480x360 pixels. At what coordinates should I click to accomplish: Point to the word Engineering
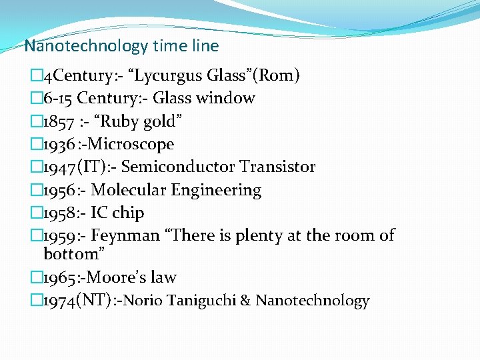216,190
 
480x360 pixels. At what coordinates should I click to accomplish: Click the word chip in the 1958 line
128,213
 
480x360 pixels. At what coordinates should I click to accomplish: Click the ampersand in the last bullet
245,301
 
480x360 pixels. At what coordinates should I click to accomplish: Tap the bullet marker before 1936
37,144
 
